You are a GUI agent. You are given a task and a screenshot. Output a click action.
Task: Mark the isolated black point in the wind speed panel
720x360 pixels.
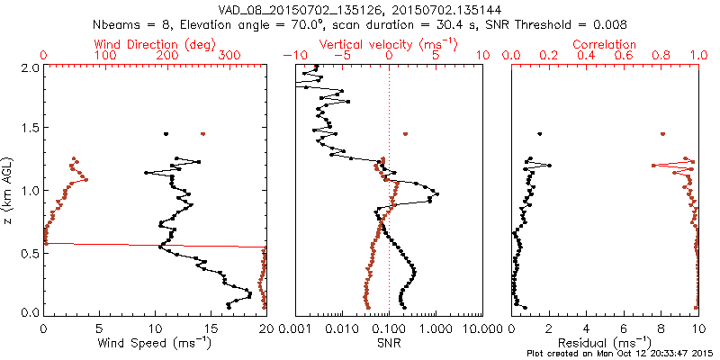click(x=166, y=134)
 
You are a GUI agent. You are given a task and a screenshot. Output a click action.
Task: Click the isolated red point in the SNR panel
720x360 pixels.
click(x=406, y=134)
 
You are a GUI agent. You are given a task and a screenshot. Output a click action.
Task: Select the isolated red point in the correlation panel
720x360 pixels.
click(x=662, y=134)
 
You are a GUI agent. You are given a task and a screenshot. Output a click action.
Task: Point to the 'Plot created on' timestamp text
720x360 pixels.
click(x=621, y=354)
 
